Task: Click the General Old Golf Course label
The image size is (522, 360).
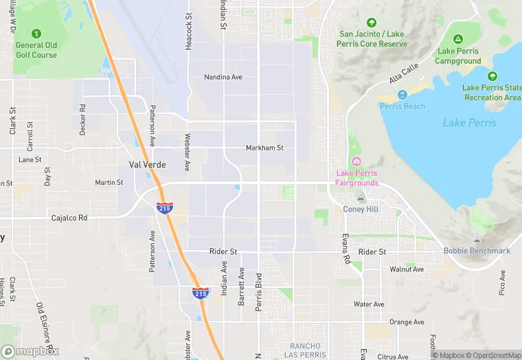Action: point(36,50)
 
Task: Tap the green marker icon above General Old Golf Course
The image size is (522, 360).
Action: point(36,33)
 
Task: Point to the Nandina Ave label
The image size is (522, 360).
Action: point(223,77)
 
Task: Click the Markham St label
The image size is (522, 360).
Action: point(264,148)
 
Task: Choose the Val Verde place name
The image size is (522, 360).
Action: point(147,165)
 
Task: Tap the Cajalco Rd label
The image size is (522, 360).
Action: point(69,218)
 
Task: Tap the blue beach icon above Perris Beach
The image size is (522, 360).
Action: point(402,94)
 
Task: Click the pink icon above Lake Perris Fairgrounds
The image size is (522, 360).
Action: point(356,161)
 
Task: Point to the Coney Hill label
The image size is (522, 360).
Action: point(361,209)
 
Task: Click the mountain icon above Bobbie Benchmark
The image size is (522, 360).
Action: point(477,239)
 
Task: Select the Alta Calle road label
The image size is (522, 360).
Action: point(404,74)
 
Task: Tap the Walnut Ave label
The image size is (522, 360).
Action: point(407,269)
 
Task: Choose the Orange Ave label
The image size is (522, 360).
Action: point(406,322)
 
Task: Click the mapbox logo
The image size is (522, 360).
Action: point(30,351)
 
